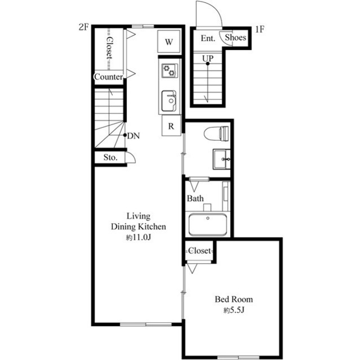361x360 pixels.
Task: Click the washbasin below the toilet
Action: coord(221,159)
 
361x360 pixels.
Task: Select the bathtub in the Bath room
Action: coord(208,225)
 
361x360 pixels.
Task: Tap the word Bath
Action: coord(195,198)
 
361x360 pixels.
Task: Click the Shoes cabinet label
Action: coord(235,38)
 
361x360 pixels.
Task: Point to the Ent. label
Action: coord(208,38)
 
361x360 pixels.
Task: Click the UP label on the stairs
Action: coord(208,58)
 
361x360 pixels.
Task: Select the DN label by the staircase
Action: coord(134,136)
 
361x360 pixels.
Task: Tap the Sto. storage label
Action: coord(110,158)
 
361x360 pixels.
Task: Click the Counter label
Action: coord(108,77)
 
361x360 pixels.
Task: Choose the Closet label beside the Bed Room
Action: coord(199,250)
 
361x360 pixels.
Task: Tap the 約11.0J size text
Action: coord(138,238)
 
